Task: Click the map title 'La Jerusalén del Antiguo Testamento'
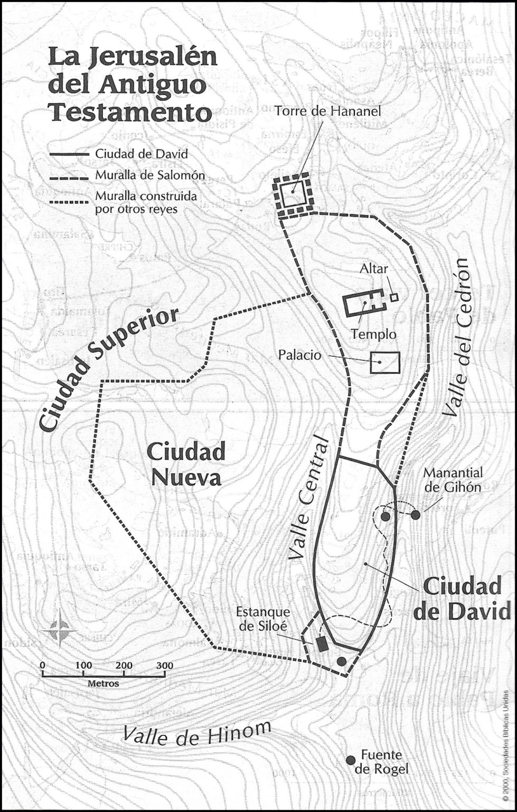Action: click(x=132, y=85)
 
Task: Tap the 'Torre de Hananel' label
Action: click(x=327, y=111)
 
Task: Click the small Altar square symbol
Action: click(x=394, y=297)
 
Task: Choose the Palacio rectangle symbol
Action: click(x=385, y=363)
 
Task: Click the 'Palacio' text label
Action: click(x=299, y=355)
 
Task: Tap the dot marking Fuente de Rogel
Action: click(x=350, y=760)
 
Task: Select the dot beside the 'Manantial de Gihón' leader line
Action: click(x=416, y=514)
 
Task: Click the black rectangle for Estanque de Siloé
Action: click(x=321, y=643)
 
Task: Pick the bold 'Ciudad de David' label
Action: click(x=462, y=598)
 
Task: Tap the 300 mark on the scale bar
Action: click(x=165, y=665)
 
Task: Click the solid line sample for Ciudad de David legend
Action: click(x=69, y=154)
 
